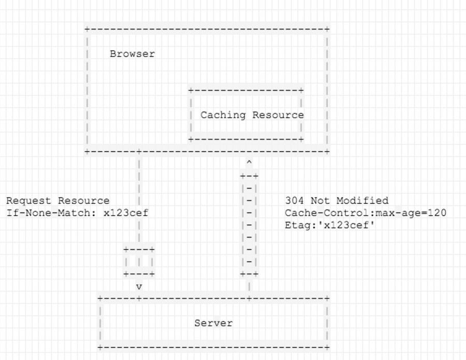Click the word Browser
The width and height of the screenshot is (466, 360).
click(132, 54)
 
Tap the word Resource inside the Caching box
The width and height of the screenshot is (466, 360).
click(278, 115)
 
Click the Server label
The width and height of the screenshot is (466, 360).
click(213, 323)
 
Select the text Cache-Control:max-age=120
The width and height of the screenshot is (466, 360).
click(365, 213)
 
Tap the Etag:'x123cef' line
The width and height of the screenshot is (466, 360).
click(330, 225)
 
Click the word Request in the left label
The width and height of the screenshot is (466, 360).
click(29, 200)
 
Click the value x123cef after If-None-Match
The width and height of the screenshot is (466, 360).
click(126, 213)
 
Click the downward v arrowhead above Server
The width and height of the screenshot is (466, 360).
click(139, 286)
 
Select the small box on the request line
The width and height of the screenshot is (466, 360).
click(139, 262)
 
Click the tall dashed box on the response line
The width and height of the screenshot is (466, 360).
click(249, 225)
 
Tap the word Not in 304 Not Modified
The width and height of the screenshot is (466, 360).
click(324, 200)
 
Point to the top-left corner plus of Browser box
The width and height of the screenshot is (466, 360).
click(86, 29)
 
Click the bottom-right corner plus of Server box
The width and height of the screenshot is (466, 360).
click(327, 348)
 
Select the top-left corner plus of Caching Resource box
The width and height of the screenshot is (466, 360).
click(191, 91)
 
